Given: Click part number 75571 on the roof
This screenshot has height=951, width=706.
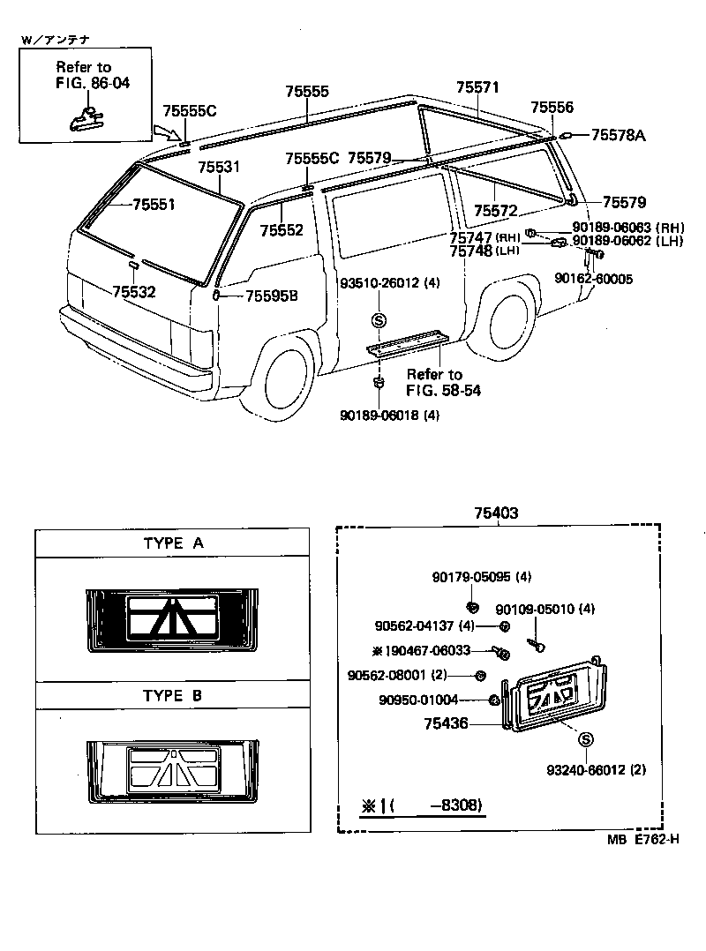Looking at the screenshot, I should tap(477, 87).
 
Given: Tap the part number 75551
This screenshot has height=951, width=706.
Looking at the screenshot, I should tap(154, 205).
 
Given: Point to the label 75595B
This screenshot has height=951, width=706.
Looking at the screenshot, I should tap(271, 296).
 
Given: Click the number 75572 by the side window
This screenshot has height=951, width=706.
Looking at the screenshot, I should tap(495, 212).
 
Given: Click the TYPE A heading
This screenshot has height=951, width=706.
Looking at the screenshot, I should tap(173, 543).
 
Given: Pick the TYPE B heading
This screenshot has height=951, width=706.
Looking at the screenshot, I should tap(173, 695).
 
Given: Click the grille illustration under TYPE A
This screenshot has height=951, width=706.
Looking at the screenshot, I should tap(173, 622).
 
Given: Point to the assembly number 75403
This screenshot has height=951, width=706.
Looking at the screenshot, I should tap(495, 513).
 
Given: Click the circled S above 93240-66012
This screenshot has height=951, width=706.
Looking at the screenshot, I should tap(587, 739).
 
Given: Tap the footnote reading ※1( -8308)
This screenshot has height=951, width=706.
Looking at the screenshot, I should tap(423, 806).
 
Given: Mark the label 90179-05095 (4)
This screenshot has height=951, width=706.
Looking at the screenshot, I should tap(482, 577).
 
